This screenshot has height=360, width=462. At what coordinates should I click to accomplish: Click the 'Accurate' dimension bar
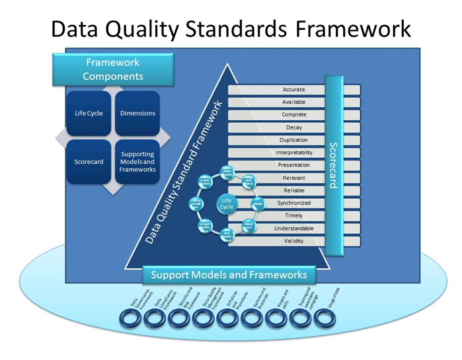tap(293, 89)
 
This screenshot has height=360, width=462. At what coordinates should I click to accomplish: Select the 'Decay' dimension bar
tap(293, 127)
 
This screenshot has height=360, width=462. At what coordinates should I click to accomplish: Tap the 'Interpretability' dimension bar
tap(293, 153)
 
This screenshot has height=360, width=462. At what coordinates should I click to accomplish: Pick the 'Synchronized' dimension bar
tap(293, 203)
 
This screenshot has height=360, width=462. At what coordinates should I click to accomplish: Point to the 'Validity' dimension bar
tap(293, 241)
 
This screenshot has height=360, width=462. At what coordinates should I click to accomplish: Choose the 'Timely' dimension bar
tap(293, 215)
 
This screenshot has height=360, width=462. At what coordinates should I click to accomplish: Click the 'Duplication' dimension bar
tap(293, 140)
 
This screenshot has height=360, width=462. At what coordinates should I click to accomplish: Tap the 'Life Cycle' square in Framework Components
tap(89, 114)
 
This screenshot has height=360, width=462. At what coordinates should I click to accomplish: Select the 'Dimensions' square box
tap(137, 114)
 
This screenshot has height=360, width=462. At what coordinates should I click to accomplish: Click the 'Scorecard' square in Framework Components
tap(89, 162)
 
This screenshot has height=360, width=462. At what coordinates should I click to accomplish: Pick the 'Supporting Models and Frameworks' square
tap(137, 162)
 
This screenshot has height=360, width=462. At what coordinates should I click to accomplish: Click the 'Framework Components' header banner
tap(114, 69)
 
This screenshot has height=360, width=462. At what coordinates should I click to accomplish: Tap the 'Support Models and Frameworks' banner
tap(229, 275)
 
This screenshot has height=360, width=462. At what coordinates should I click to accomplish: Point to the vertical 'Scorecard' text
tap(333, 164)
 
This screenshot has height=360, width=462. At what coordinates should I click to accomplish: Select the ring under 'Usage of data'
tap(325, 318)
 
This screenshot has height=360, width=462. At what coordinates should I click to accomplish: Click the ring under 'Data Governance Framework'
tap(130, 318)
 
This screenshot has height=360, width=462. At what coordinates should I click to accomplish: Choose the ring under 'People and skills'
tap(276, 318)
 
